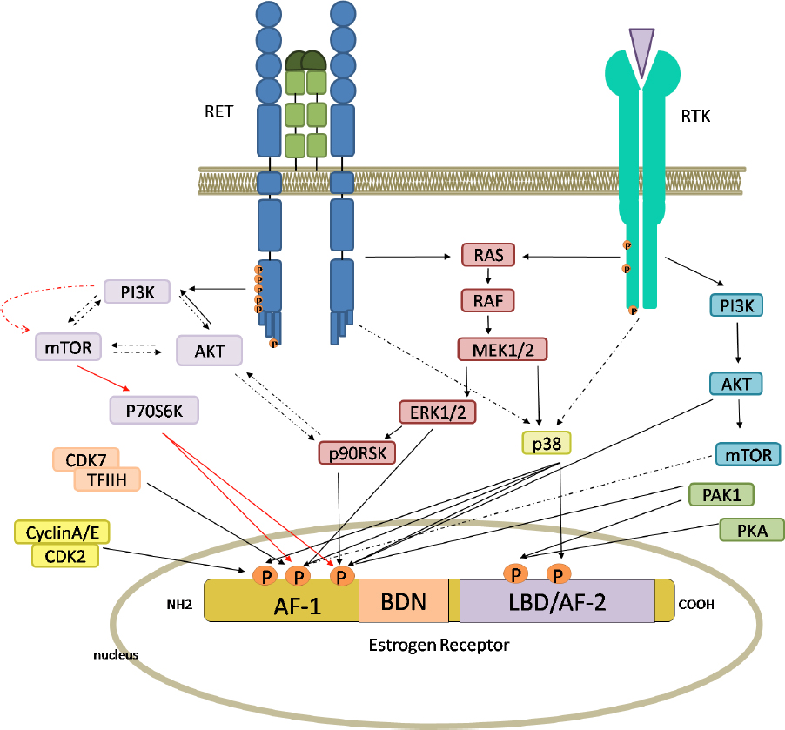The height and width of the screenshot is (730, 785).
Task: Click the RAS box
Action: click(x=488, y=255)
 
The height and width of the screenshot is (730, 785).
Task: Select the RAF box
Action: click(x=488, y=301)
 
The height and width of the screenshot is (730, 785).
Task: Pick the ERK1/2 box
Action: click(x=437, y=412)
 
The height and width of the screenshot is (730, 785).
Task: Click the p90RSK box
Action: click(x=355, y=453)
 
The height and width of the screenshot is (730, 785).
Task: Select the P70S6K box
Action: click(x=155, y=410)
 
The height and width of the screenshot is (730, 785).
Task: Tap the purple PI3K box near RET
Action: click(x=139, y=291)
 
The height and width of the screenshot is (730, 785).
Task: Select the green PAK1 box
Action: click(x=721, y=495)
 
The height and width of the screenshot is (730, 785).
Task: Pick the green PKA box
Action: click(x=752, y=529)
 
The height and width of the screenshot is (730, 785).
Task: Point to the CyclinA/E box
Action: click(x=62, y=532)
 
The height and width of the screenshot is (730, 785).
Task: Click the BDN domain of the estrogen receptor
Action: click(x=403, y=602)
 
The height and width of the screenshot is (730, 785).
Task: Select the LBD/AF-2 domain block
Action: click(x=557, y=602)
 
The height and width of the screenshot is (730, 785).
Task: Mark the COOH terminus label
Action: click(x=697, y=602)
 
